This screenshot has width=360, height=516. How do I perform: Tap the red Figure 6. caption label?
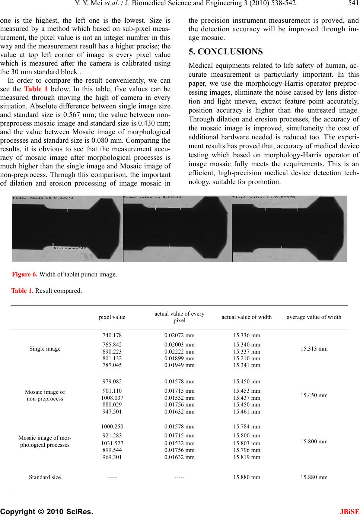click(25, 275)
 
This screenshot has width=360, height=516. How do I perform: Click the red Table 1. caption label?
click(22, 291)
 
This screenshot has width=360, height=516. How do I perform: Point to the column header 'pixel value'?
click(112, 317)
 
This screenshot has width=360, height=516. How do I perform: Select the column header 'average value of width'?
click(314, 317)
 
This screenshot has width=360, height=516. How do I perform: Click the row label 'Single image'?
click(45, 349)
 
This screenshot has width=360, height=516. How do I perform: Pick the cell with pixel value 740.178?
click(112, 335)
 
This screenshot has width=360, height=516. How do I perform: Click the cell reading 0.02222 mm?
click(179, 351)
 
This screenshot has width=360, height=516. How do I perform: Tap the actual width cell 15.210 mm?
click(246, 358)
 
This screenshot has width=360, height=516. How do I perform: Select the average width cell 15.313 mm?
click(314, 349)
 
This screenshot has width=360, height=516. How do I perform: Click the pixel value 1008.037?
click(112, 398)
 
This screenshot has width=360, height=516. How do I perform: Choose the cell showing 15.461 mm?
click(246, 412)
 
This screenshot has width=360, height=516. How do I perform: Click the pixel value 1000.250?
click(112, 426)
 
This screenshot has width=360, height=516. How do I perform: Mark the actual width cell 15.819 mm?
click(246, 457)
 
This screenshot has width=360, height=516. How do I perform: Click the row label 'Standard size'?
click(45, 477)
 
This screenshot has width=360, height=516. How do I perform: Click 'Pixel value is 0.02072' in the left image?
click(43, 198)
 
